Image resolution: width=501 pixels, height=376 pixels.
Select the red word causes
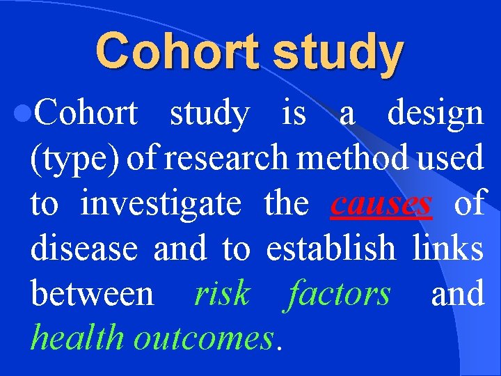tap(381, 204)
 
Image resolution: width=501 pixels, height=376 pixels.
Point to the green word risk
tap(221, 294)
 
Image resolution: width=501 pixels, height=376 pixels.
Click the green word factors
tap(339, 294)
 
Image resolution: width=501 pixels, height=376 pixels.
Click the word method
tap(354, 159)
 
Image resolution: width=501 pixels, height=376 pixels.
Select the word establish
tap(331, 249)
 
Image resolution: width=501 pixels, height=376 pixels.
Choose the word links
tap(447, 249)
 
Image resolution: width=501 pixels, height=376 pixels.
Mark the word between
tap(92, 294)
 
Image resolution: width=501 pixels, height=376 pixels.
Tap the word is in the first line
tap(293, 113)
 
